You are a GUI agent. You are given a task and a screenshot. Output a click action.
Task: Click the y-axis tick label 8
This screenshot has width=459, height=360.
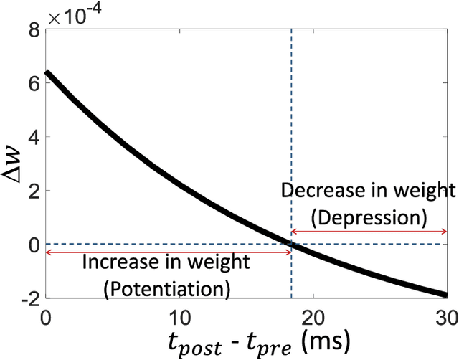pyautogui.click(x=33, y=30)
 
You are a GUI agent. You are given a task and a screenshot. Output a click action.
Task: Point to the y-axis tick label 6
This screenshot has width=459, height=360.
pyautogui.click(x=33, y=83)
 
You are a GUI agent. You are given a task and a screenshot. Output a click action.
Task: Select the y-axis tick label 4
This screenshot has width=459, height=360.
pyautogui.click(x=33, y=137)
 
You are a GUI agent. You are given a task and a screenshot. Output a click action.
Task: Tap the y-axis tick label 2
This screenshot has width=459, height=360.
pyautogui.click(x=33, y=191)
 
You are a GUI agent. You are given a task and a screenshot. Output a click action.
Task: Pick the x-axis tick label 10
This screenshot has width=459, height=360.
pyautogui.click(x=179, y=316)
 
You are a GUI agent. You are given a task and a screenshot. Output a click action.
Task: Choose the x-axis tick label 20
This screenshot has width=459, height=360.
pyautogui.click(x=313, y=316)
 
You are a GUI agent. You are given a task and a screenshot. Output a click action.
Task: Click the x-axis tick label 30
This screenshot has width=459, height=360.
pyautogui.click(x=446, y=316)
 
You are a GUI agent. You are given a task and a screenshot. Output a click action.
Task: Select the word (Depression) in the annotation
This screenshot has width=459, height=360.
pyautogui.click(x=368, y=215)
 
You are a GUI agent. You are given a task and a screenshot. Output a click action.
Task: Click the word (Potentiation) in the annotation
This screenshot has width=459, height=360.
pyautogui.click(x=167, y=288)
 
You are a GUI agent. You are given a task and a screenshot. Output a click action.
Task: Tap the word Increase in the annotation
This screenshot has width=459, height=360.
pyautogui.click(x=120, y=262)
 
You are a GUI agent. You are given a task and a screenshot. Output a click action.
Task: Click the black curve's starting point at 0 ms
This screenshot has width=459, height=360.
pyautogui.click(x=47, y=72)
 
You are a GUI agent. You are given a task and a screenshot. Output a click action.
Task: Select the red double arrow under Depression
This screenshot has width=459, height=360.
pyautogui.click(x=369, y=231)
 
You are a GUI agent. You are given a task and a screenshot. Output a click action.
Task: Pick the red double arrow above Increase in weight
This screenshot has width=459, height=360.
pyautogui.click(x=168, y=252)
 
